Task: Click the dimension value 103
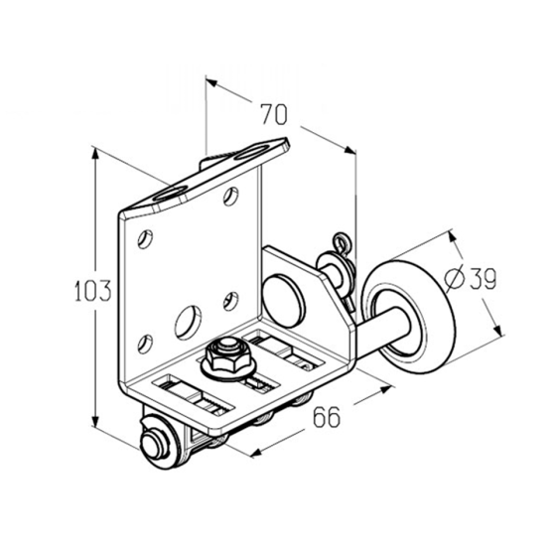[x=93, y=290]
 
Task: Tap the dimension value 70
[x=274, y=114]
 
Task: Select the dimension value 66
[x=327, y=417]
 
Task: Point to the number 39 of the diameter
[x=483, y=278]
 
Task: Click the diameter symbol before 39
[x=455, y=278]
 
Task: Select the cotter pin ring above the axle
[x=343, y=242]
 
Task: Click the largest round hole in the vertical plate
[x=188, y=321]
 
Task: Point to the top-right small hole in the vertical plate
[x=230, y=197]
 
